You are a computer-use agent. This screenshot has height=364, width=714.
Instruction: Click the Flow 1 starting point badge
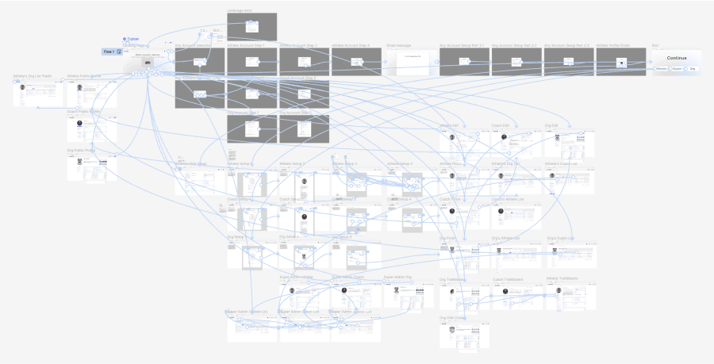pos(111,52)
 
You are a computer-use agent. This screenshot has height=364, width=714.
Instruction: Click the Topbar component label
pos(132,39)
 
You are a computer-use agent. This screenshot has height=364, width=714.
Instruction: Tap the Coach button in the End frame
pos(677,69)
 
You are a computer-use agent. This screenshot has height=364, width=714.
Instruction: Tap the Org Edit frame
pos(570,144)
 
